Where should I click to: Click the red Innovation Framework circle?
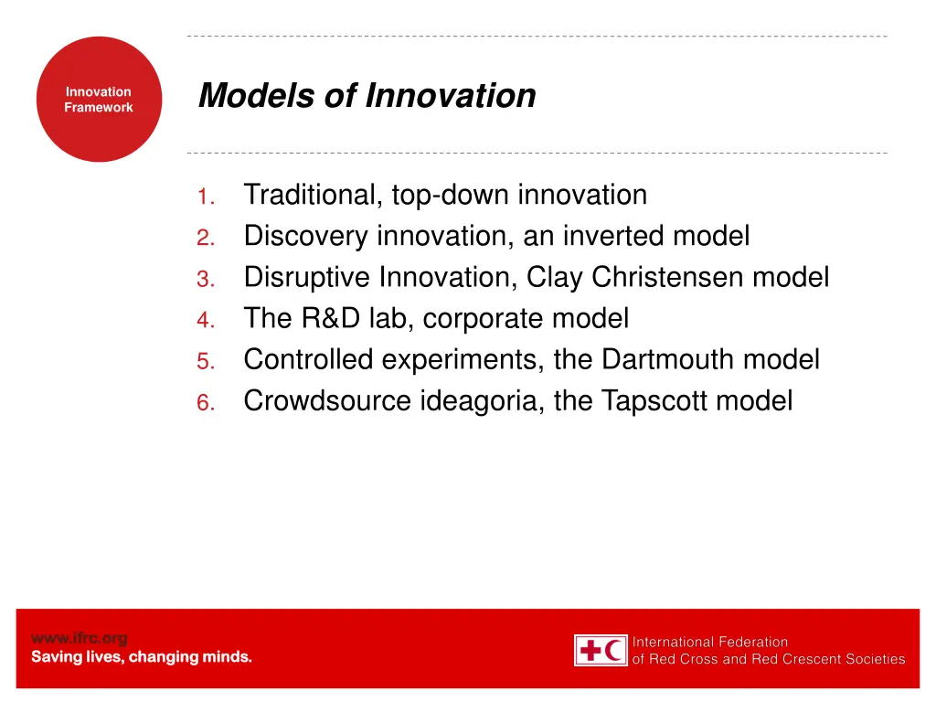99,100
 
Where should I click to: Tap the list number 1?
205,197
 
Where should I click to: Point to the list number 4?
205,320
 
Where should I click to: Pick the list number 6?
205,402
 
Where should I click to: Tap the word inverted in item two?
613,237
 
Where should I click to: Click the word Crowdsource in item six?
326,401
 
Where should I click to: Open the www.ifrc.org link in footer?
80,638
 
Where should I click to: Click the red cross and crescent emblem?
601,651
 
